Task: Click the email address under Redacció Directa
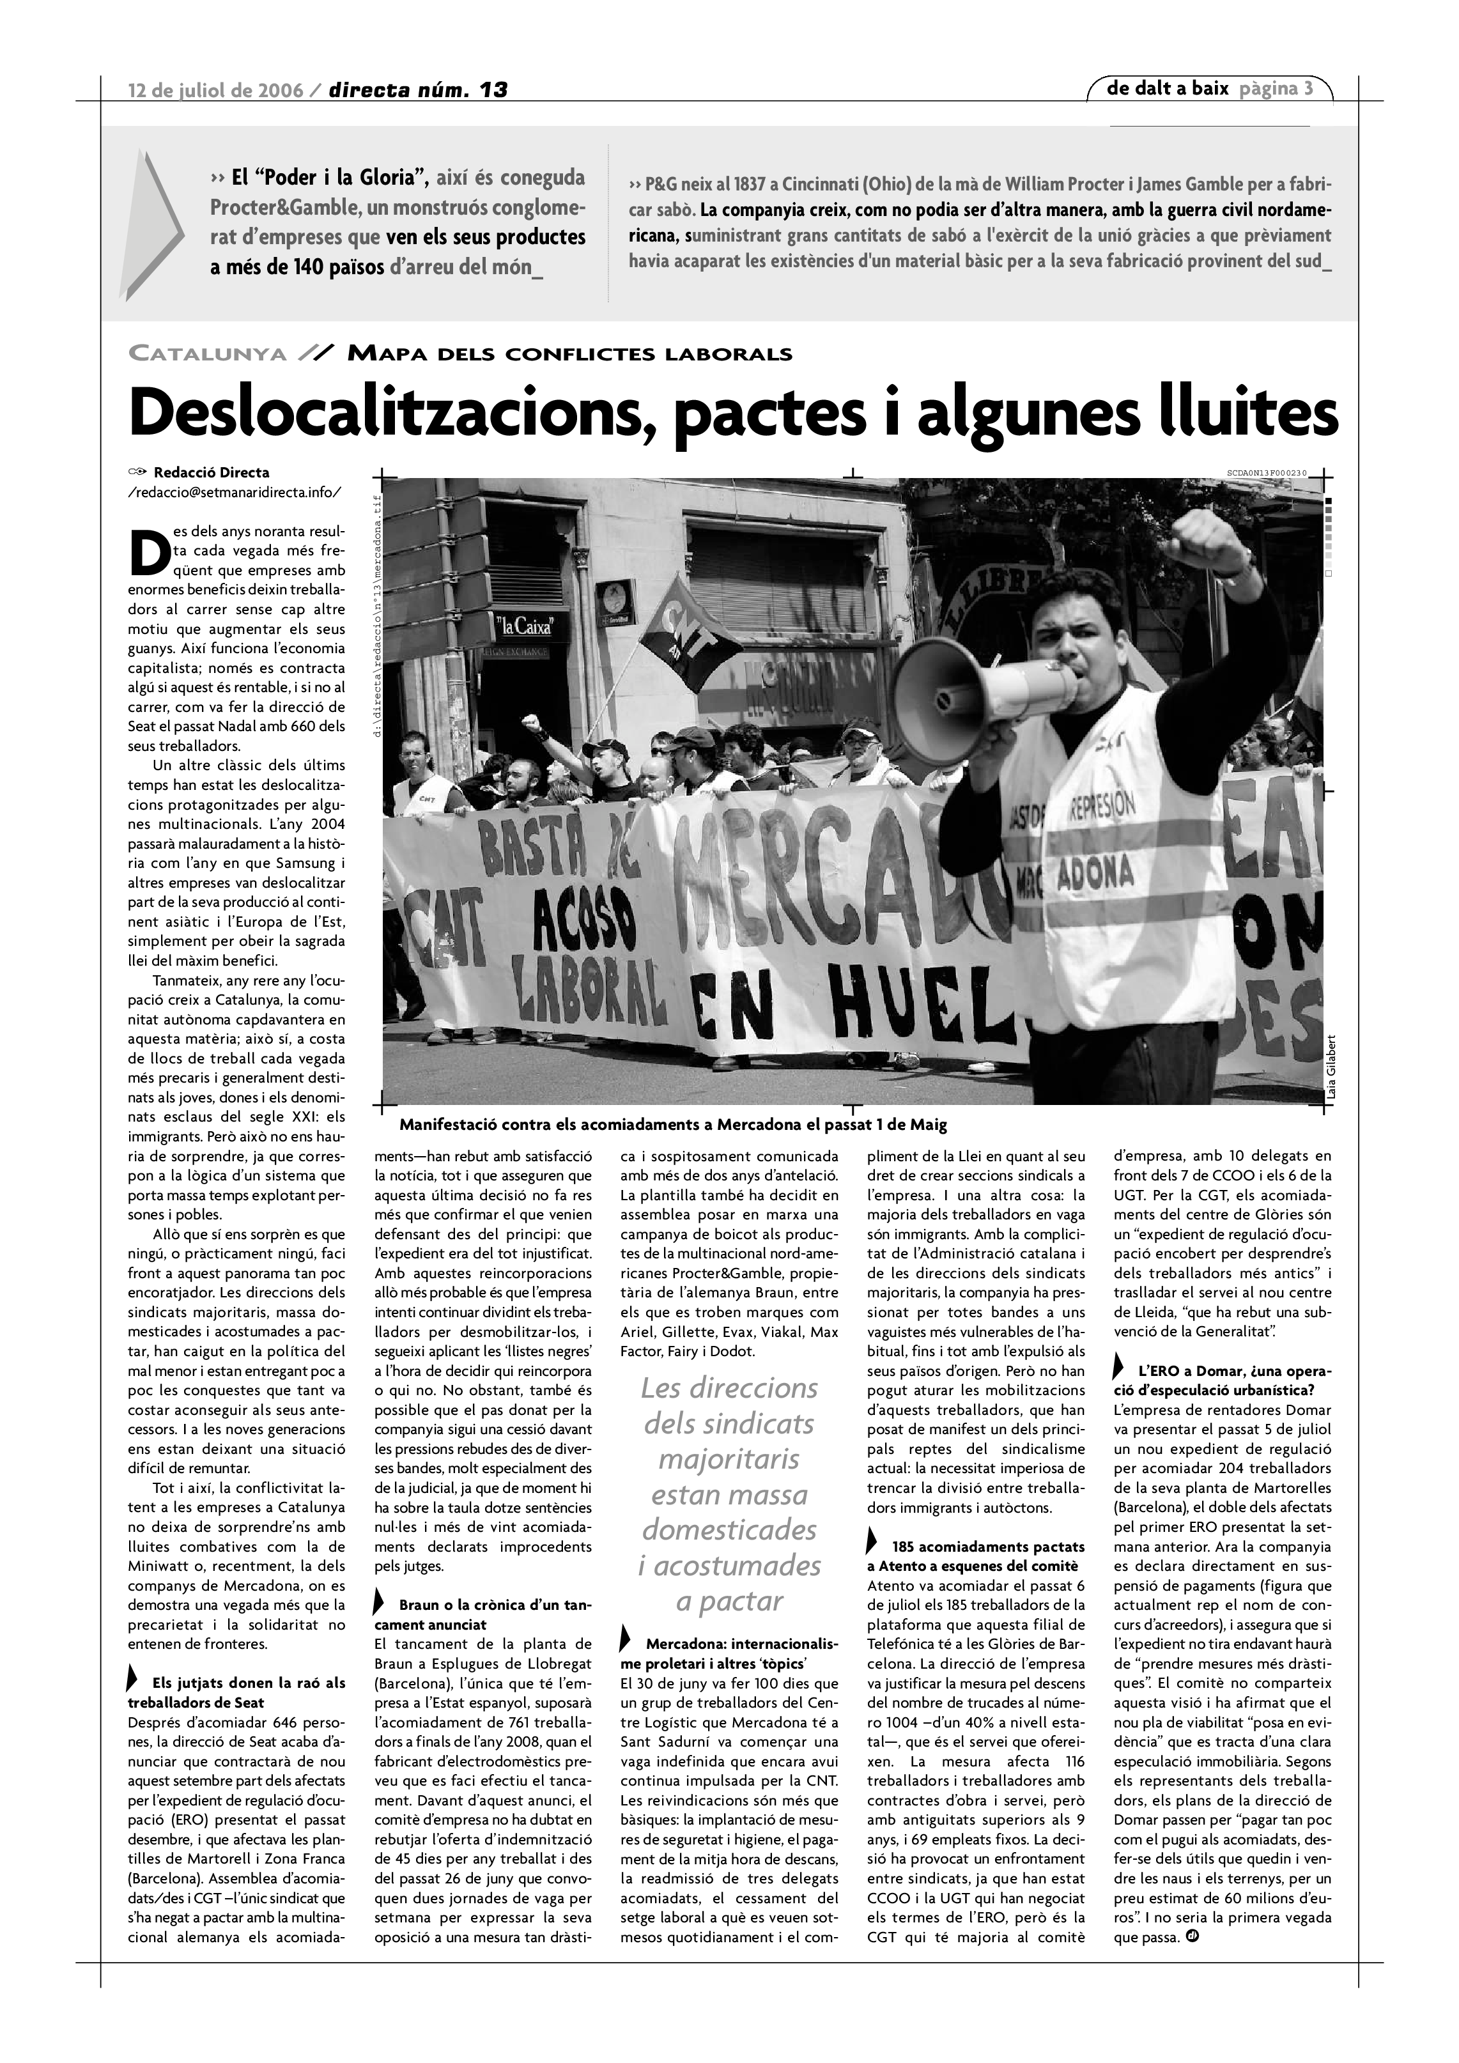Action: pos(235,491)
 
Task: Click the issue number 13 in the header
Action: pos(492,90)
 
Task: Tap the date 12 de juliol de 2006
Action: pos(215,90)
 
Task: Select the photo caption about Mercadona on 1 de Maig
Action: pos(673,1124)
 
